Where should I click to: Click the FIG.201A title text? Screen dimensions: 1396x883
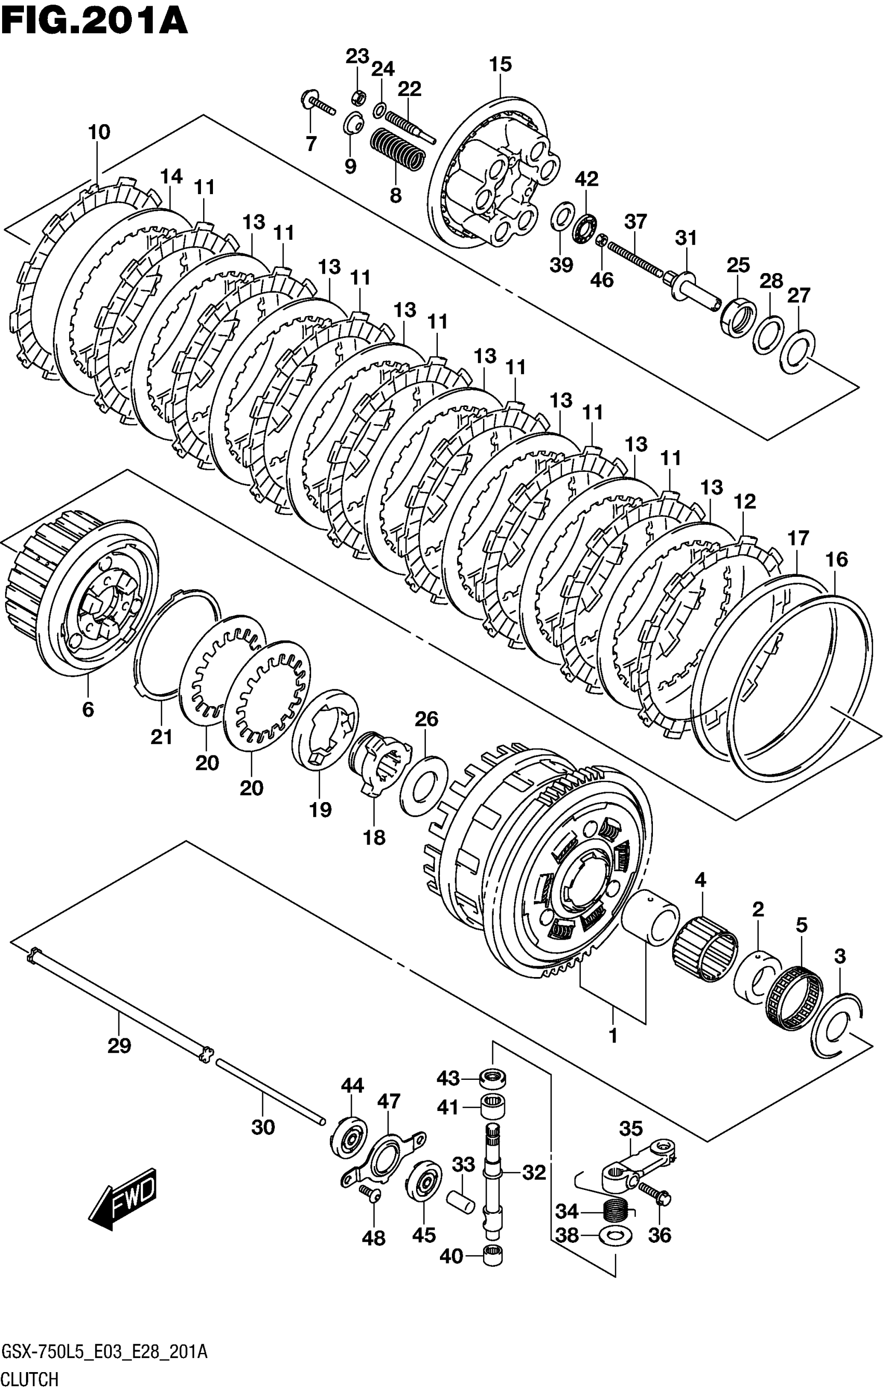[95, 21]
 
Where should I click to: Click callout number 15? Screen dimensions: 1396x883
[500, 64]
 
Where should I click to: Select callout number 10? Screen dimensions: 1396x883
[99, 132]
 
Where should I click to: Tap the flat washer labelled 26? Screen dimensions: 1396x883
[423, 785]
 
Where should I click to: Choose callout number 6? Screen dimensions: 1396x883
[88, 709]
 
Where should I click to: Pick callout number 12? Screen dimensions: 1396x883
[744, 502]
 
